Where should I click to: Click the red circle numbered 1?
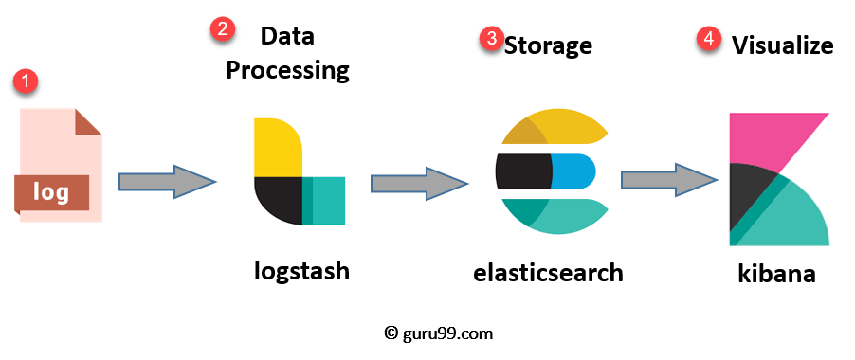click(26, 81)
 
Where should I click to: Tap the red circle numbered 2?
click(222, 28)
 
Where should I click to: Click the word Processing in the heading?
click(287, 70)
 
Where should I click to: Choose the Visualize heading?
click(782, 45)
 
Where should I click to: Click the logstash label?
click(301, 271)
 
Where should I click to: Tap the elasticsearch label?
click(549, 273)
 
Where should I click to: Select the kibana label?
click(776, 274)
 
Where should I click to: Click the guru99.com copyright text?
click(439, 333)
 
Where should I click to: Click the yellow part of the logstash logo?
click(276, 147)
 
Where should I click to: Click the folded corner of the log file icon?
click(88, 121)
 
